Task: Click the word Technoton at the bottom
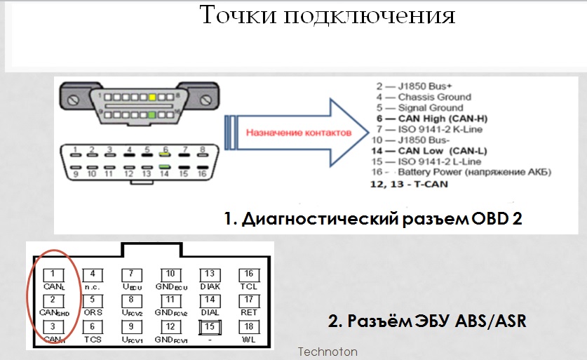point(328,352)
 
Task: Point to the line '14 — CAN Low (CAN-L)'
point(421,150)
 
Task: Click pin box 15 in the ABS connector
point(209,326)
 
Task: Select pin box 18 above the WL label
point(249,326)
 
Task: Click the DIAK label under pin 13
point(210,286)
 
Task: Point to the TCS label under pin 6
point(93,338)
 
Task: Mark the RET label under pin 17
point(249,312)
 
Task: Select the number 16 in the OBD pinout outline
point(202,173)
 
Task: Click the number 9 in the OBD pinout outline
point(73,173)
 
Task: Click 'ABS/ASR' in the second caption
point(493,322)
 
